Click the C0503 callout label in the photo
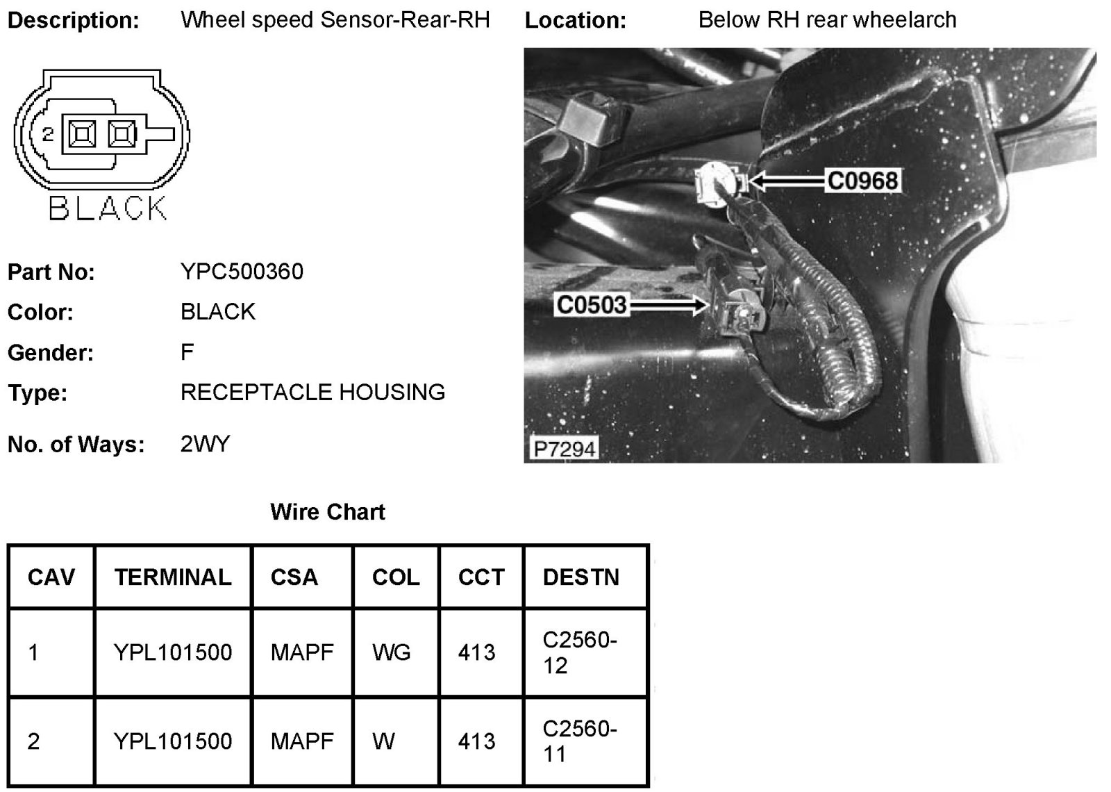592,305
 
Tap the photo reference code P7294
564,448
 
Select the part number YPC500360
242,271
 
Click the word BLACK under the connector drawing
108,208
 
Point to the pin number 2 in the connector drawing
48,133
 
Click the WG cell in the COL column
392,652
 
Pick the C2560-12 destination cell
579,652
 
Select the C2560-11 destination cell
579,741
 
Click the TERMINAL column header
173,577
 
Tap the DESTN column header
580,577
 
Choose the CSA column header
294,577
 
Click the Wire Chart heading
328,512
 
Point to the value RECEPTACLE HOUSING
312,393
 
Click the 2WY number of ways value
205,444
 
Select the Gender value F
187,352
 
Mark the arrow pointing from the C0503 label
668,305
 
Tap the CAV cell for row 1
33,652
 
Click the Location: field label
575,20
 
